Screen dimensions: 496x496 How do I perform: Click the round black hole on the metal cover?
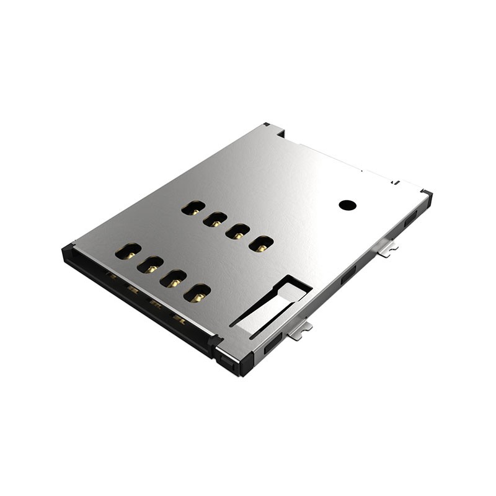(x=348, y=204)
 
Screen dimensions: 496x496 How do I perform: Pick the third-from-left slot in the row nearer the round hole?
(x=237, y=232)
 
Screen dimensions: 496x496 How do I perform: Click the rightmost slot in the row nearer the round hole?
(x=261, y=244)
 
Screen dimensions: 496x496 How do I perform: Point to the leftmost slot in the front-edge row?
(x=128, y=251)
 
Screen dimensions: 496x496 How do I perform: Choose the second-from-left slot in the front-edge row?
(x=150, y=265)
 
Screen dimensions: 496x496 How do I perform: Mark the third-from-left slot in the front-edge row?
(x=173, y=278)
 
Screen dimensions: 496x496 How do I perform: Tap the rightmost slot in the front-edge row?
(x=197, y=293)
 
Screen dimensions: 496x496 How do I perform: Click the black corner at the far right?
(x=427, y=195)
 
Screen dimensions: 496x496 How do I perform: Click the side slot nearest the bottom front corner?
(x=273, y=345)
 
